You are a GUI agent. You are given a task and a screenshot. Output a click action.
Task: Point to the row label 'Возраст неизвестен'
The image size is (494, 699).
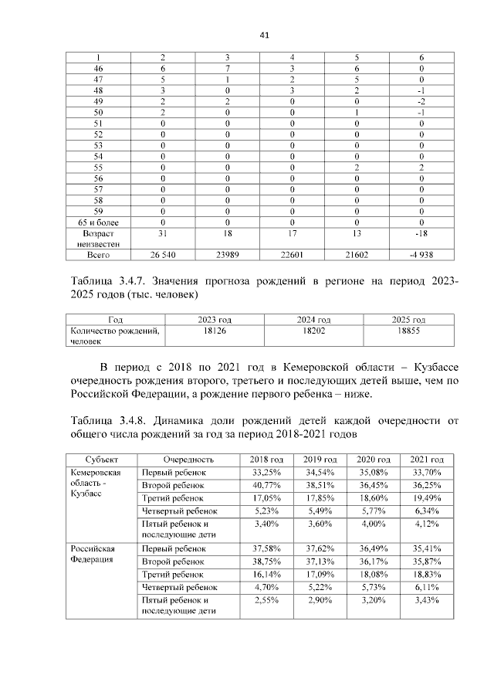click(98, 237)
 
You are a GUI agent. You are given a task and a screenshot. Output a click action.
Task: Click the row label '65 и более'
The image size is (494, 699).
click(98, 221)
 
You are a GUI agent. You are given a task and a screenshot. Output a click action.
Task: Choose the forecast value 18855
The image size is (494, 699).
click(406, 329)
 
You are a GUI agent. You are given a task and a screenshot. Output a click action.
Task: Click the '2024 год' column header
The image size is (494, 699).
click(313, 319)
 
